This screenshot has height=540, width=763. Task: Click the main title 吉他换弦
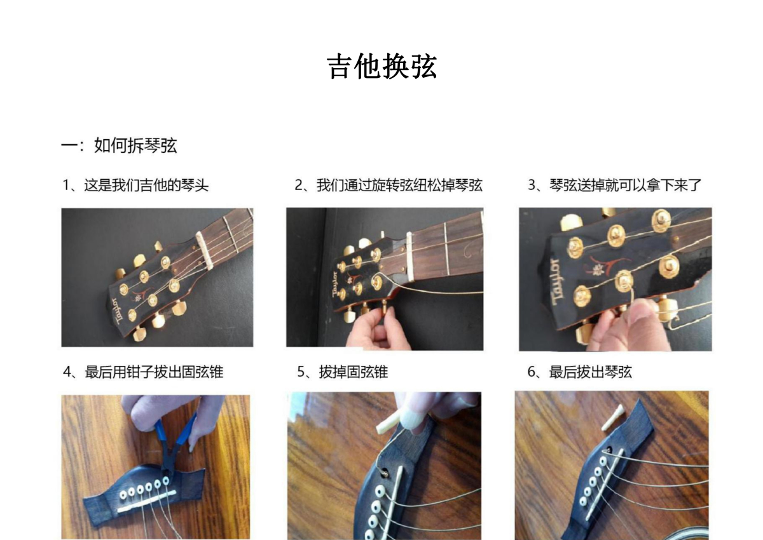(382, 66)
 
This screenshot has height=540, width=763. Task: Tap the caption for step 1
(135, 186)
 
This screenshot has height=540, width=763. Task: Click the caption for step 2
(388, 186)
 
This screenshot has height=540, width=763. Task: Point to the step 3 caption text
(614, 186)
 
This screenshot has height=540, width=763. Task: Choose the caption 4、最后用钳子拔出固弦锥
(143, 372)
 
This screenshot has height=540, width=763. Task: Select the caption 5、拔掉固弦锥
(342, 372)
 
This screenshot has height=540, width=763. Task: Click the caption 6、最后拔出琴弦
(580, 372)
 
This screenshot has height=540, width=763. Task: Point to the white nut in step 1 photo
(204, 250)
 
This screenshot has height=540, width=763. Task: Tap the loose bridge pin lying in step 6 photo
(612, 417)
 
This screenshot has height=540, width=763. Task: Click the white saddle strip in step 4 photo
(147, 501)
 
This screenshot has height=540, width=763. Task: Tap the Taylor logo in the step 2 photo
(336, 284)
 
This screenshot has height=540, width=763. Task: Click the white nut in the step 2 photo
(409, 256)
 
